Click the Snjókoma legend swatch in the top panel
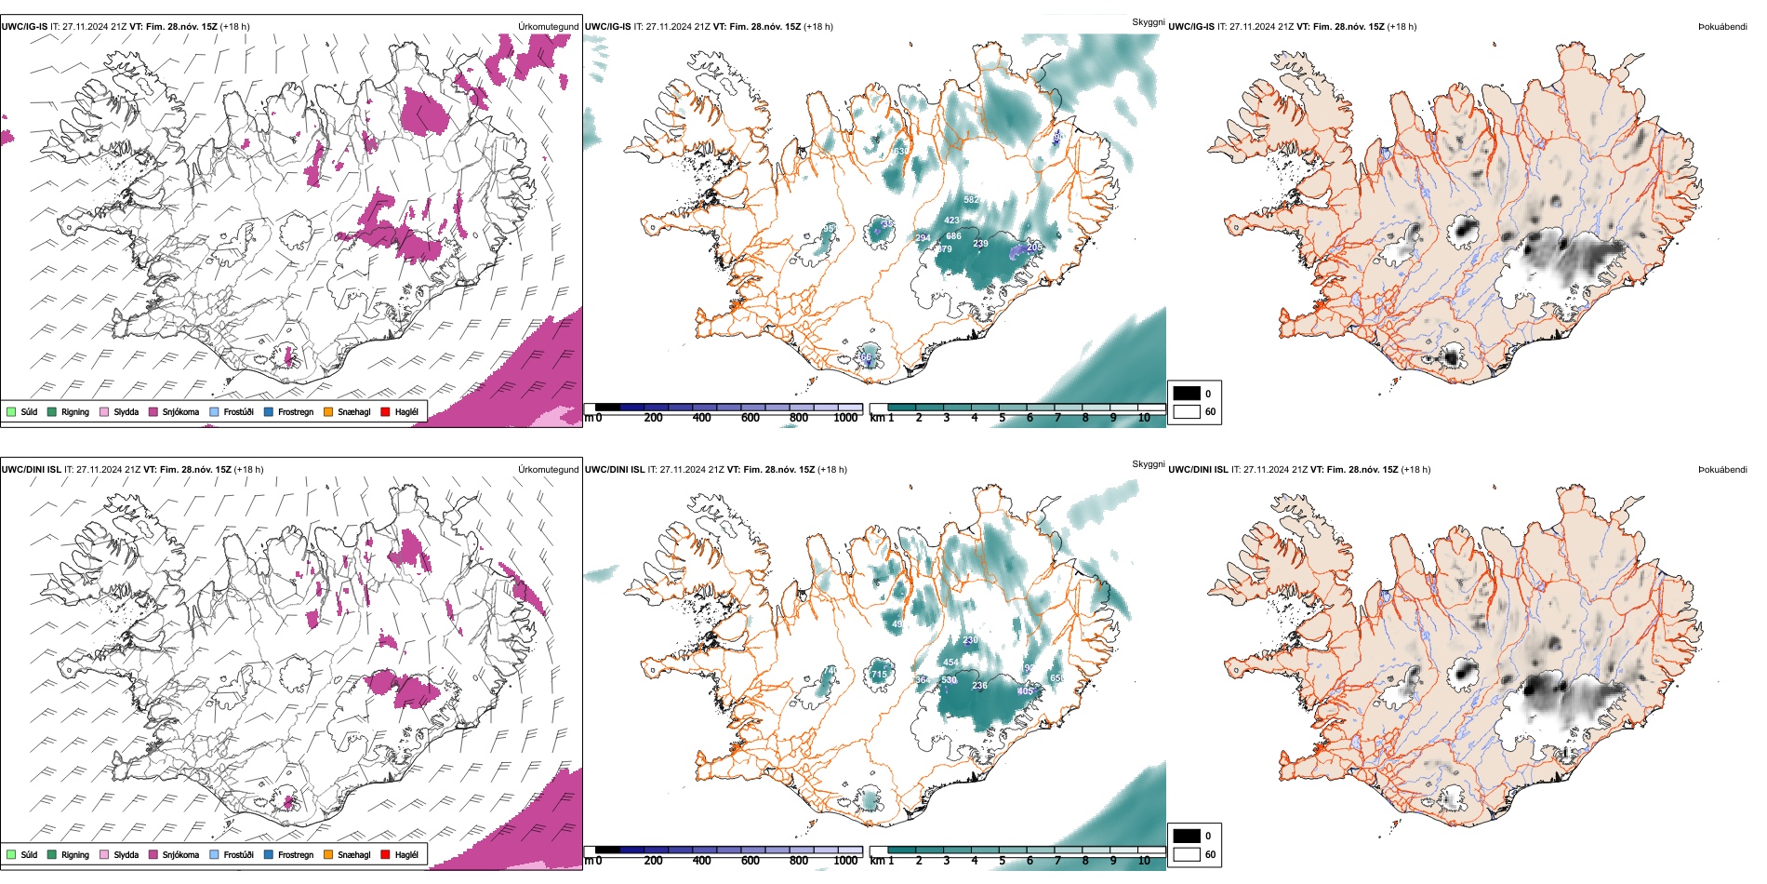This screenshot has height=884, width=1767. pos(153,411)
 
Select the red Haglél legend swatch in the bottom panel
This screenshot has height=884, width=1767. pos(386,854)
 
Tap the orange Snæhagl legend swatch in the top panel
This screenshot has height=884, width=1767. pos(328,411)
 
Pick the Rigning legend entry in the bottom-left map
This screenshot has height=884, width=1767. pos(53,854)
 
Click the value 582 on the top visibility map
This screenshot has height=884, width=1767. pos(971,200)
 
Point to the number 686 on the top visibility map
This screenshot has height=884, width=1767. pos(953,236)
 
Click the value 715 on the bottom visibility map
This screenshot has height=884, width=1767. pos(879,675)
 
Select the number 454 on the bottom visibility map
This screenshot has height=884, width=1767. pos(950,663)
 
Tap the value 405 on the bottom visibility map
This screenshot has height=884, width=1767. pos(1025,691)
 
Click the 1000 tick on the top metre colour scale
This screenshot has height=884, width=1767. pos(845,418)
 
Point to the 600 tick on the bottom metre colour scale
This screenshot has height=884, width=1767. pos(750,861)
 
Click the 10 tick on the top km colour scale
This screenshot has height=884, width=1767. pos(1144,418)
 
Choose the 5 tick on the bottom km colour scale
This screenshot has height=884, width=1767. pos(1003,861)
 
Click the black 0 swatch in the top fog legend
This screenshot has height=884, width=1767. pos(1187,394)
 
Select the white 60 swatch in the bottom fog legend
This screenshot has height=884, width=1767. pos(1187,854)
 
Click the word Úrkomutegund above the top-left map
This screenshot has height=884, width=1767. pos(548,27)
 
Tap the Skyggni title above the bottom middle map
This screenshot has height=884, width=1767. pos(1148,464)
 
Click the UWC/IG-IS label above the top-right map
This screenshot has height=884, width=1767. pos(1191,27)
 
